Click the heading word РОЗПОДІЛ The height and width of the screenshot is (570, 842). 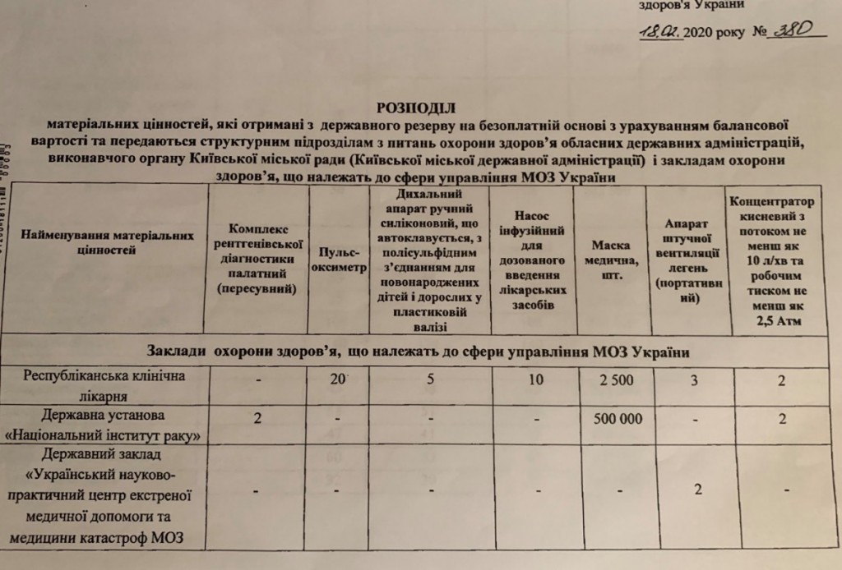[x=414, y=107]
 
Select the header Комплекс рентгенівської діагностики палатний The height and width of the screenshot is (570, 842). [x=257, y=258]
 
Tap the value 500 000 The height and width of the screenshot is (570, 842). [x=609, y=418]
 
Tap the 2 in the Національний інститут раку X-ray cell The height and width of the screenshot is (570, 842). [x=257, y=418]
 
